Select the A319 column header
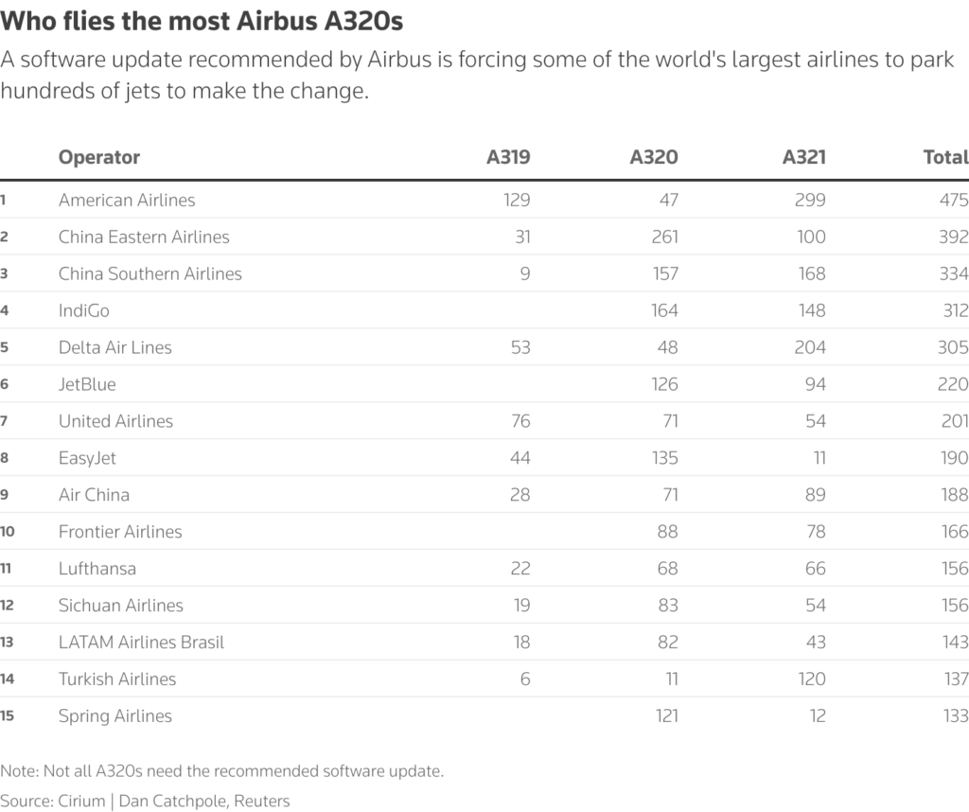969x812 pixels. [508, 157]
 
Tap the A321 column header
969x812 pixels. [803, 157]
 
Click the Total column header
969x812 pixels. [945, 157]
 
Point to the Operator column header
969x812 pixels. [99, 157]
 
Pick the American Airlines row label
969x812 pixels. [127, 200]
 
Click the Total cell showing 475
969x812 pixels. [953, 200]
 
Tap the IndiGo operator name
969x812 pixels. [84, 310]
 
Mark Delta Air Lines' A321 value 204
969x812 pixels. [809, 347]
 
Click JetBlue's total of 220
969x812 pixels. [953, 384]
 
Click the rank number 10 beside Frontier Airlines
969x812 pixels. [7, 532]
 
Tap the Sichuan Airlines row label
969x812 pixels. [121, 606]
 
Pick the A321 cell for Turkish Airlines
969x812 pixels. [810, 680]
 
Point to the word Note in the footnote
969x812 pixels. [18, 770]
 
